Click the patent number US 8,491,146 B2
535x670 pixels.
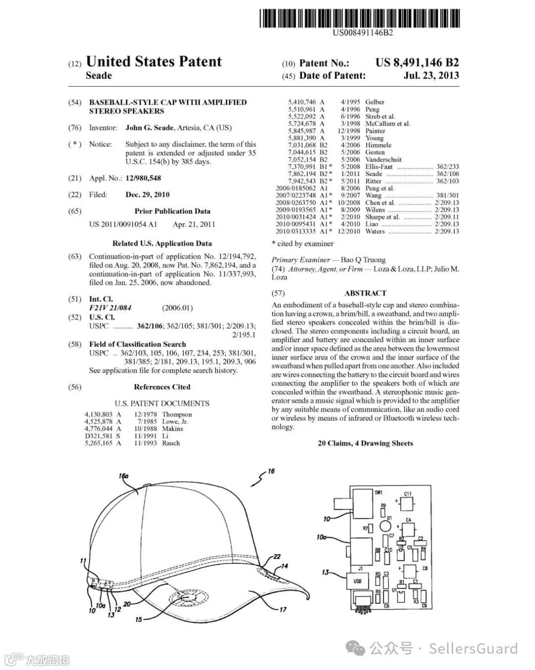click(417, 63)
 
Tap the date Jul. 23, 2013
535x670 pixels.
click(431, 76)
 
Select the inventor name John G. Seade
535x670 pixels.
click(149, 127)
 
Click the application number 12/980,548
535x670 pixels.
click(143, 178)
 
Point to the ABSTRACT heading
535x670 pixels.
click(365, 293)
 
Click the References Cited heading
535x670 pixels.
click(162, 387)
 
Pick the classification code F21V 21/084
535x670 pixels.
click(110, 308)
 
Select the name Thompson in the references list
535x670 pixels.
click(176, 414)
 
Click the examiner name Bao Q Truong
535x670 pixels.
click(363, 259)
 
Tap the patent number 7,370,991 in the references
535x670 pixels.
click(302, 167)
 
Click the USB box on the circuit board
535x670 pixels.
click(357, 581)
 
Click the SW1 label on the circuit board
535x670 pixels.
click(379, 492)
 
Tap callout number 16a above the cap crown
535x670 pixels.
click(123, 476)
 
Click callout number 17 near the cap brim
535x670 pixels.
click(282, 609)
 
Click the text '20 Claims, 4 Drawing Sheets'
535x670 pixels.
click(365, 443)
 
